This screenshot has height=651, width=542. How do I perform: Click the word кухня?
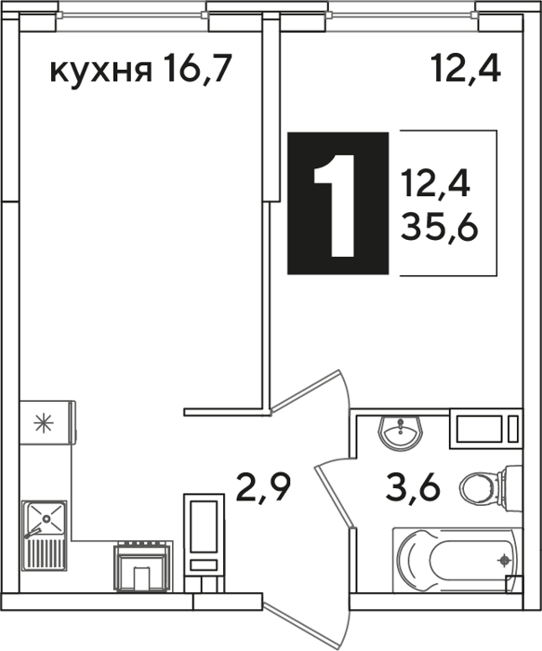coord(100,72)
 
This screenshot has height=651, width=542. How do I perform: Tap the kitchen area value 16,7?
coord(196,69)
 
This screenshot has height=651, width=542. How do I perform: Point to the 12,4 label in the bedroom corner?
coord(466,69)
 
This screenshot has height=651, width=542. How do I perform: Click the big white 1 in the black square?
coord(335,206)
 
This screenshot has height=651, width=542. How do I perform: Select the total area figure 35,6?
coord(440,229)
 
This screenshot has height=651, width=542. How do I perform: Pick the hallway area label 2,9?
coord(263,487)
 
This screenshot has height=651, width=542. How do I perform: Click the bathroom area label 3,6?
coord(413,487)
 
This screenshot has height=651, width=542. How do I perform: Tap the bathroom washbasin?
coord(400,433)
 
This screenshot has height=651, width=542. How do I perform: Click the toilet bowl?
coord(491,485)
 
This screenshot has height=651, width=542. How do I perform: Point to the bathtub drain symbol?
coord(504,561)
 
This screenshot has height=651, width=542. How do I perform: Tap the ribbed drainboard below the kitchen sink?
coord(46,554)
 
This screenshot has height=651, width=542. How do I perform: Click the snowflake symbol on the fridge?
coord(44,423)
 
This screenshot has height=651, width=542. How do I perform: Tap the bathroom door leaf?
coord(335,496)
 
